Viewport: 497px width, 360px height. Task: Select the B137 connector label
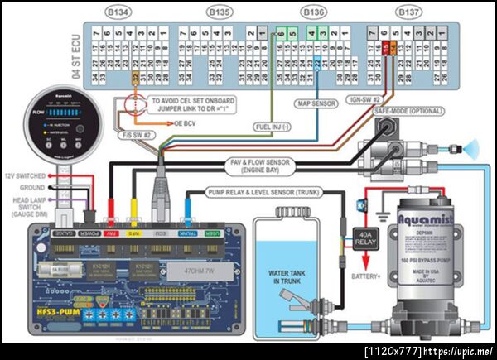click(408, 12)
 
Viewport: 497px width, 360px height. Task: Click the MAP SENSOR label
click(316, 104)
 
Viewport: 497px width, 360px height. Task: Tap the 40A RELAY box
click(366, 238)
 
